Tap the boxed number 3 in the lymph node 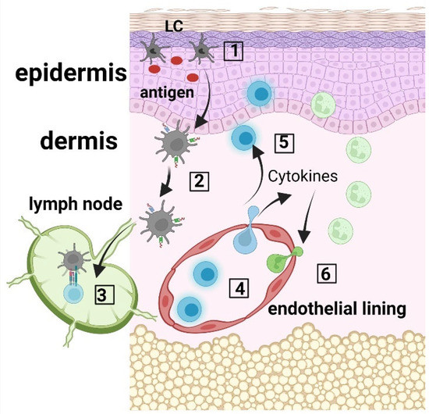[x=101, y=294]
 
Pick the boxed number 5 [x=285, y=142]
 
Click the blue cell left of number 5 [x=245, y=138]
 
